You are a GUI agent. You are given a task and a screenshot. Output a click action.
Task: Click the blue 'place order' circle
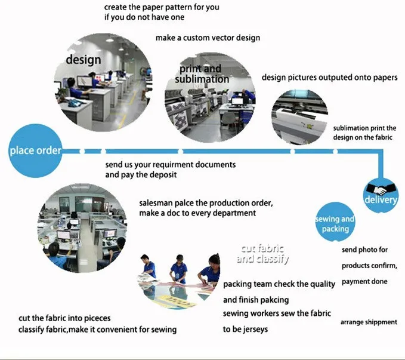click(35, 151)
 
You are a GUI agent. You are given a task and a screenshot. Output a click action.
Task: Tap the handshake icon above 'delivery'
click(381, 189)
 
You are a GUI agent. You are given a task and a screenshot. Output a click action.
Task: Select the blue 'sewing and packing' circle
click(335, 222)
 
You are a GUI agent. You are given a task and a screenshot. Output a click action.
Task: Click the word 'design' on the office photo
click(83, 60)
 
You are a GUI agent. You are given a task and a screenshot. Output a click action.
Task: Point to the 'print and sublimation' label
click(202, 74)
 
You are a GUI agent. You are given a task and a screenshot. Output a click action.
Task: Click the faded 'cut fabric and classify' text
click(262, 254)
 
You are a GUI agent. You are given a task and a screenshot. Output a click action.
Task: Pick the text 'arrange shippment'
click(369, 322)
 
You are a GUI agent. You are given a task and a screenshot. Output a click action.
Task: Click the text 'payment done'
click(364, 282)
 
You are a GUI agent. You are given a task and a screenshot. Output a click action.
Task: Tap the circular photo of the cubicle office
click(82, 228)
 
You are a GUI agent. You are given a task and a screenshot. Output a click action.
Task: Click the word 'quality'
click(322, 285)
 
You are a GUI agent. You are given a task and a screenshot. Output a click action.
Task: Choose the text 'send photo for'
click(364, 250)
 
